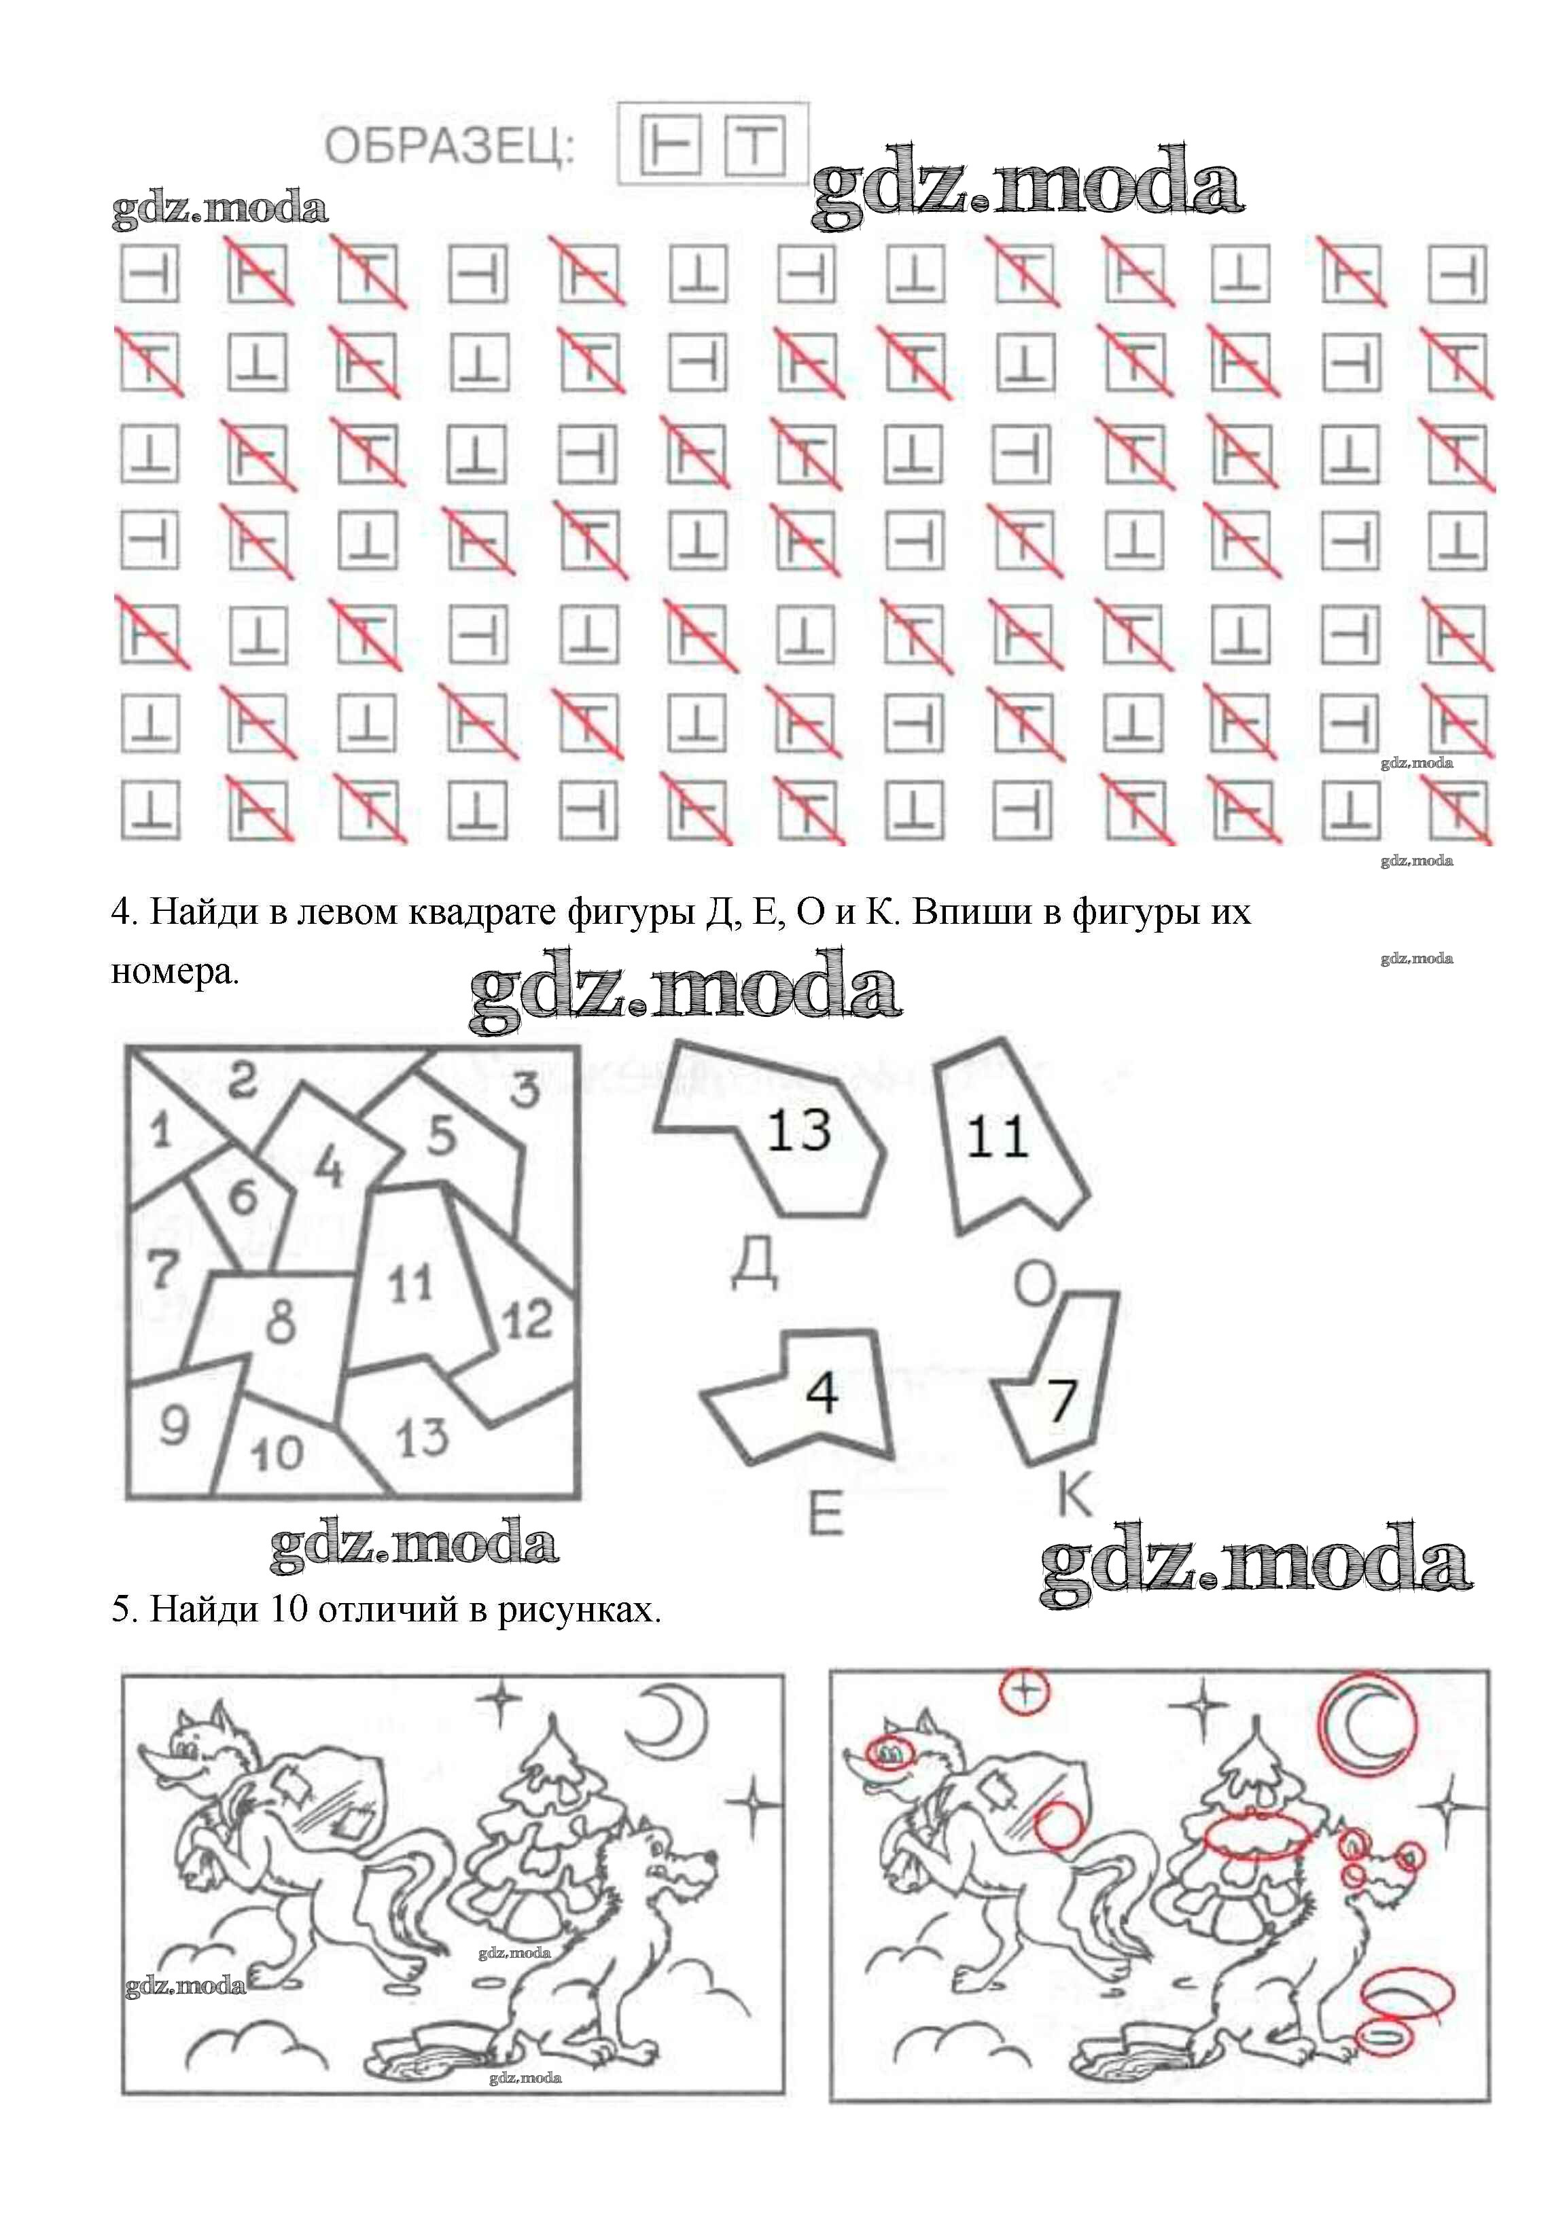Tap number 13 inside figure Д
(x=799, y=1130)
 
